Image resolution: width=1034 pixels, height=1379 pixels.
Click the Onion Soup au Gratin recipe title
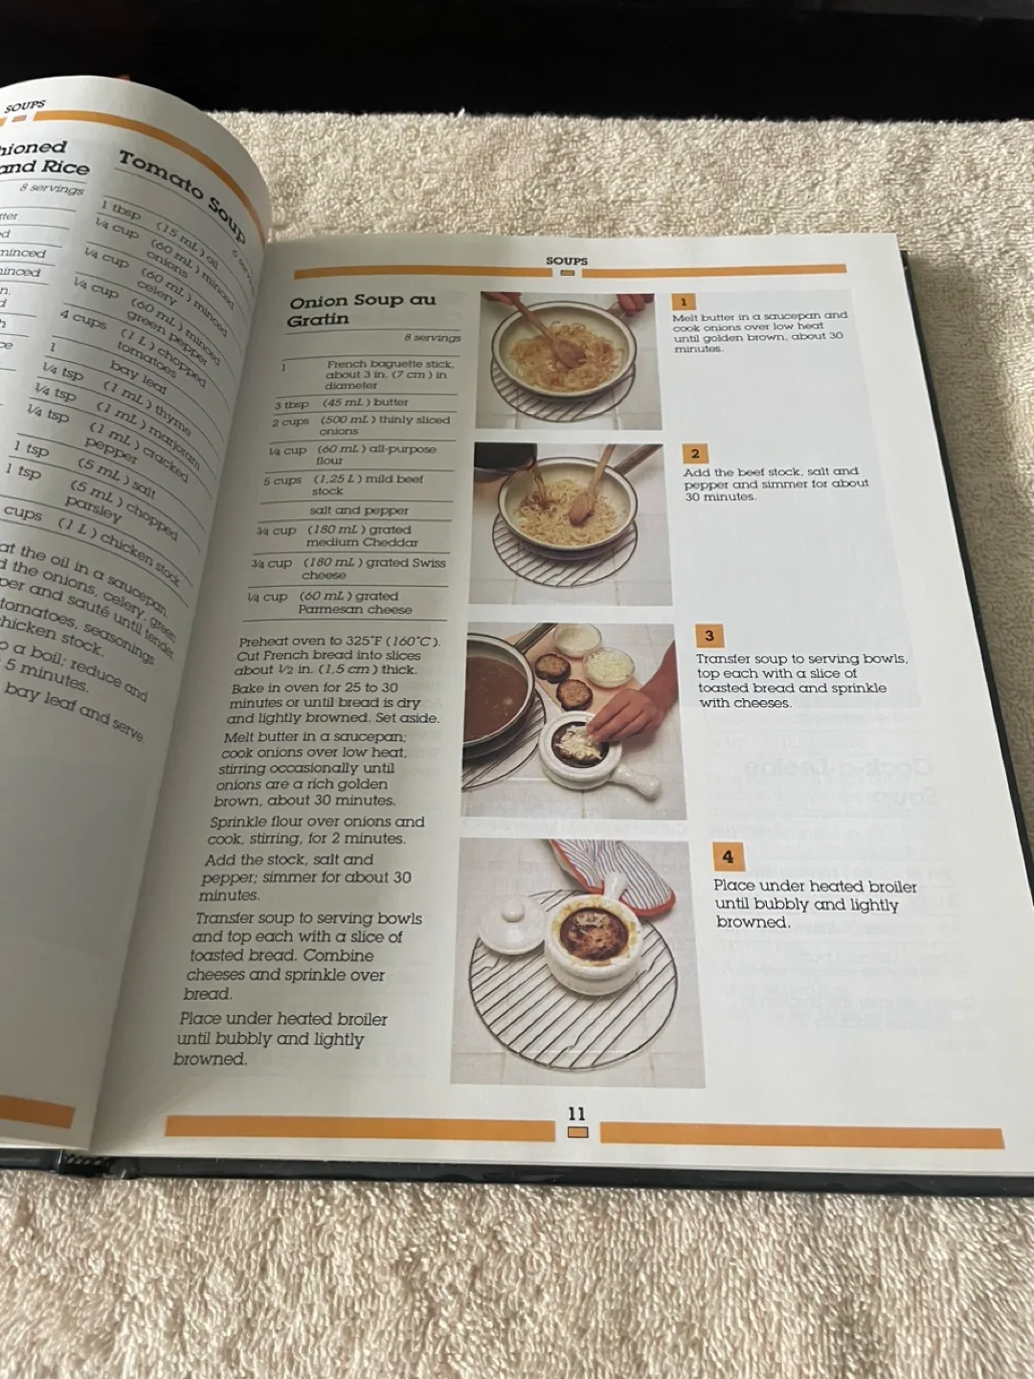click(361, 309)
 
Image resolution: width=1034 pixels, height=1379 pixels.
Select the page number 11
click(576, 1114)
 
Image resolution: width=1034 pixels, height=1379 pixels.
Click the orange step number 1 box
click(684, 303)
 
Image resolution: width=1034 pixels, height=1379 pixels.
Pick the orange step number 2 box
click(695, 454)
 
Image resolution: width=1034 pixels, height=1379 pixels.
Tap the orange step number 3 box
click(708, 636)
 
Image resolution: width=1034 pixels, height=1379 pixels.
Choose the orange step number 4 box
click(728, 857)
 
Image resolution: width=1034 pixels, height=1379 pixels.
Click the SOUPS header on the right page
click(567, 260)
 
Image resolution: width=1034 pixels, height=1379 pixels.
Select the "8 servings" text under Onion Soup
click(432, 338)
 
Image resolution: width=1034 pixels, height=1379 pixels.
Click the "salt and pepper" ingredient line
click(359, 510)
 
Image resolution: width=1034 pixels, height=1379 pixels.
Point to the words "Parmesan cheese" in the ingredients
click(354, 609)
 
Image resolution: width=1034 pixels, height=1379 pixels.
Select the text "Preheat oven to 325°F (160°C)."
click(339, 641)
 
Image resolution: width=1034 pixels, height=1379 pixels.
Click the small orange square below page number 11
click(577, 1133)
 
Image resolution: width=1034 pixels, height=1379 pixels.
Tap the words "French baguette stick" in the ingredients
click(390, 364)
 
